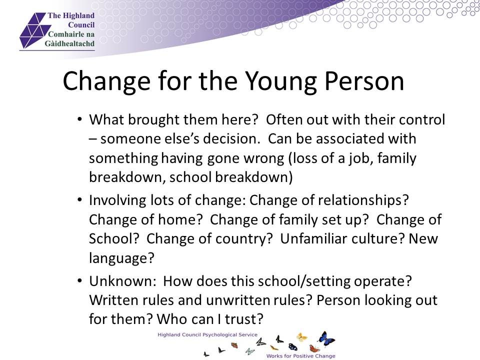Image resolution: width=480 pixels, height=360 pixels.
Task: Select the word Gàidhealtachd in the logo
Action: point(70,43)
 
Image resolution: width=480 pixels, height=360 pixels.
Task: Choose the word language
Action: point(121,258)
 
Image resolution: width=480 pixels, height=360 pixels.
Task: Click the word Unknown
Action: point(123,281)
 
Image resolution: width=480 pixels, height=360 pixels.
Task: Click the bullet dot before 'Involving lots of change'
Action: point(80,200)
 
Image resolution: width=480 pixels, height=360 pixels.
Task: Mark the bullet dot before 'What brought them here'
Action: point(80,119)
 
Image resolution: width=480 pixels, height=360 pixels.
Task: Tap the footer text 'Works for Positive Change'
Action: point(300,355)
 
